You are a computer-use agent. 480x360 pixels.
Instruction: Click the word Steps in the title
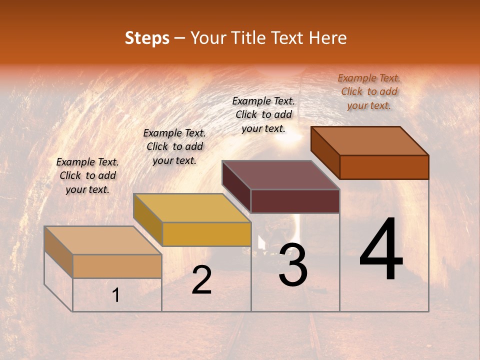tap(147, 38)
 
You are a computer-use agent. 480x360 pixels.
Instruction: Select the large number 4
tap(381, 250)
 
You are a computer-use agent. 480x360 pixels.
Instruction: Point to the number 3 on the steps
tap(293, 265)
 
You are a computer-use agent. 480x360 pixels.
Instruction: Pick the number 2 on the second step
tap(201, 280)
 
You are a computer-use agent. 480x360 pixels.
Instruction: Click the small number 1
tap(116, 295)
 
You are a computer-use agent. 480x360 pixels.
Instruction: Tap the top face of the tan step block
tap(102, 240)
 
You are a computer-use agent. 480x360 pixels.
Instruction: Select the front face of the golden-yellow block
tap(206, 234)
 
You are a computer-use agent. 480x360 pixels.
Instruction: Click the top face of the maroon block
tap(280, 174)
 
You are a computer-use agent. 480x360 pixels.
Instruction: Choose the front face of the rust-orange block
tap(384, 167)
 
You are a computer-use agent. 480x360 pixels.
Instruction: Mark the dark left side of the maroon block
tap(236, 186)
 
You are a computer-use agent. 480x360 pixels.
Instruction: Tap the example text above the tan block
tap(87, 175)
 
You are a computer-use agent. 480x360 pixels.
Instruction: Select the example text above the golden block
tap(174, 146)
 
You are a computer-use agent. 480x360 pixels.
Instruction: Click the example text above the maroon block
tap(263, 114)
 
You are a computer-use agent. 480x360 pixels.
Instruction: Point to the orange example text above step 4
tap(369, 91)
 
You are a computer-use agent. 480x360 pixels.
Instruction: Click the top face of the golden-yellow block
tap(191, 208)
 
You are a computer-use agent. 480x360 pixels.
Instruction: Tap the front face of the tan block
tap(117, 266)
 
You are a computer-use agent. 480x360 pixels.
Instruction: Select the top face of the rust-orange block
tap(369, 140)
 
